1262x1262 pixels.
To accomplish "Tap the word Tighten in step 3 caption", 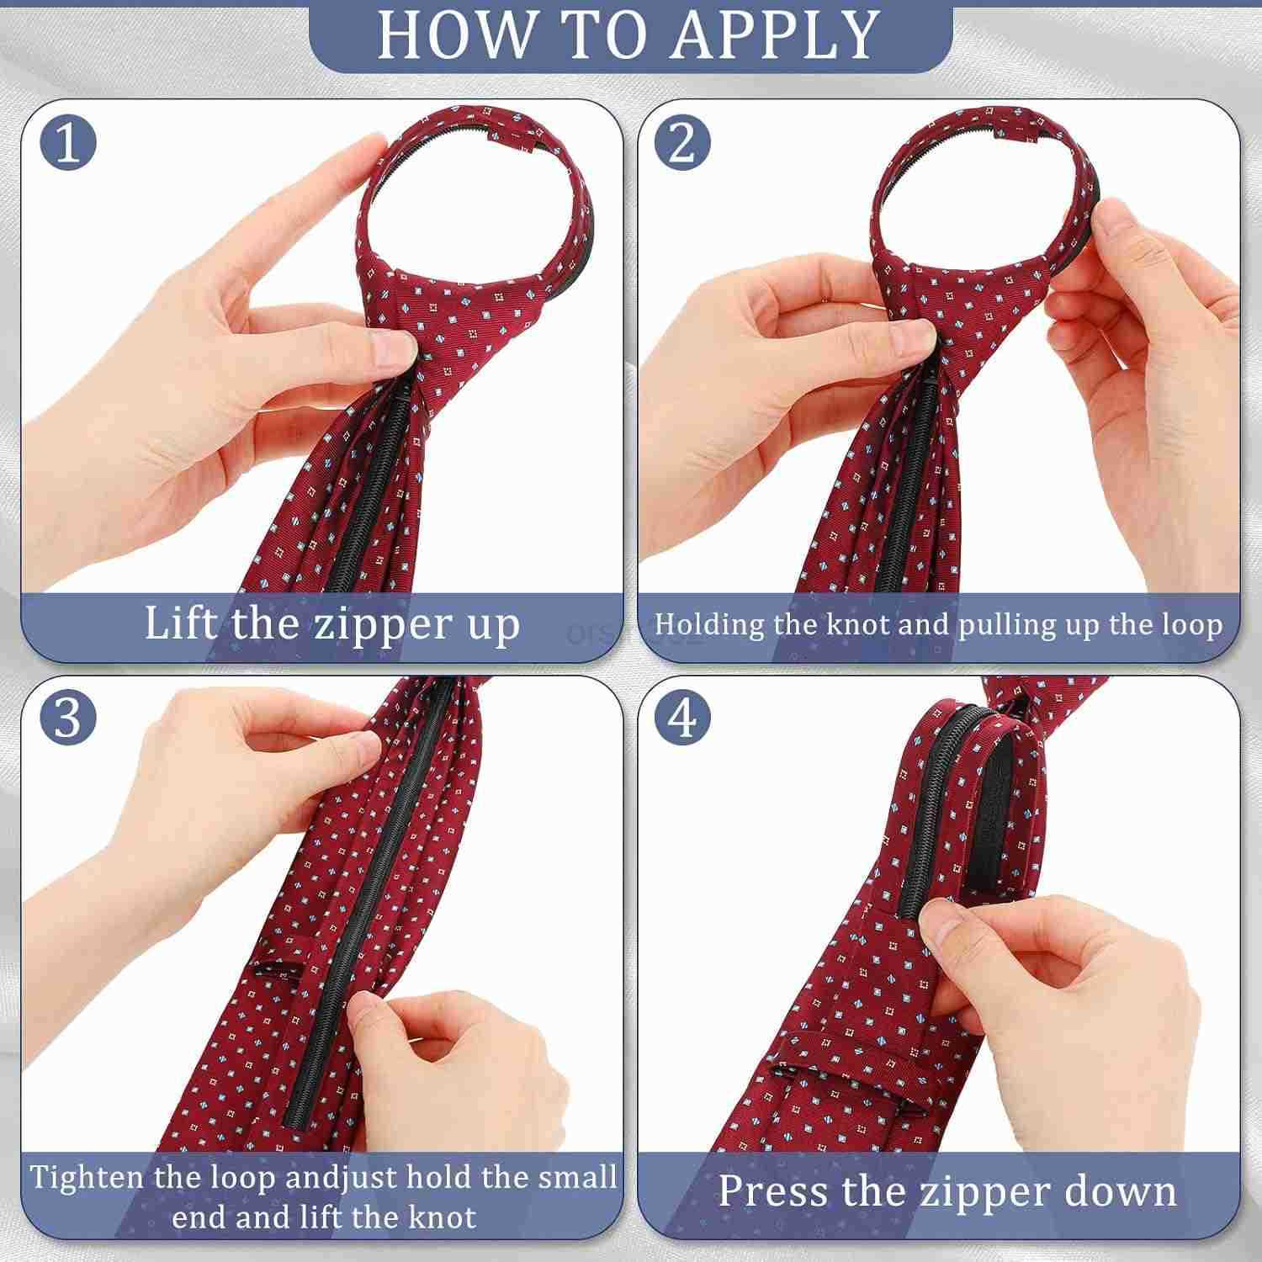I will point(89,1176).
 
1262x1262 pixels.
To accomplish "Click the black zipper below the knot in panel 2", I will point(913,471).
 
